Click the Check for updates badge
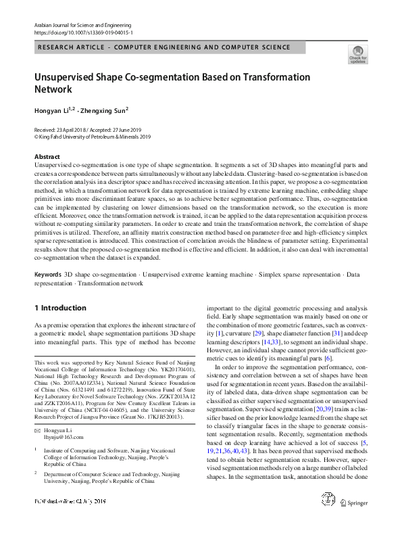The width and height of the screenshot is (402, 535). click(x=358, y=53)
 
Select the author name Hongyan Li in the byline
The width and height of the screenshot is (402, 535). click(x=53, y=111)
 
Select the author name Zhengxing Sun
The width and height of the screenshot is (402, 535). click(x=103, y=111)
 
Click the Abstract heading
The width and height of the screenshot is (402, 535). click(x=47, y=157)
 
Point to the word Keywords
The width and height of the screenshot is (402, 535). click(x=48, y=275)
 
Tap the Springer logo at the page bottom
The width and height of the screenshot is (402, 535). click(x=356, y=521)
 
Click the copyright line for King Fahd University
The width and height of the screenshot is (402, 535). click(x=93, y=136)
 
